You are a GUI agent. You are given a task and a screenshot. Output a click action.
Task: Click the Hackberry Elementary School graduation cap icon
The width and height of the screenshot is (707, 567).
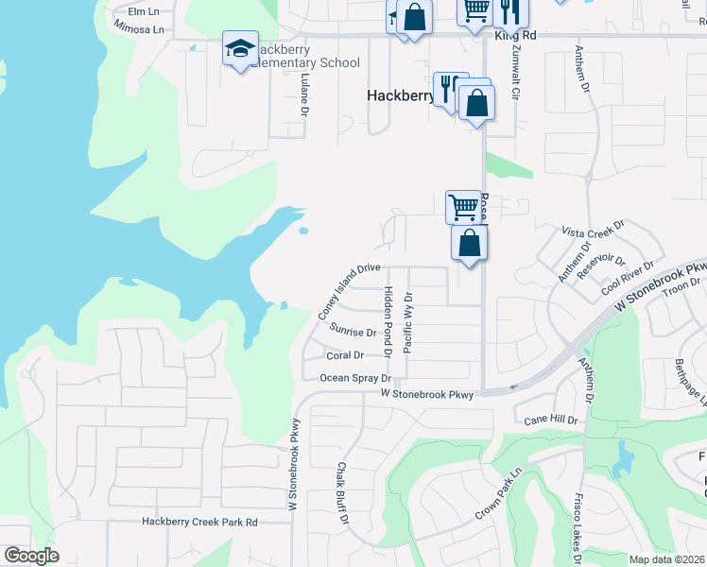click(240, 48)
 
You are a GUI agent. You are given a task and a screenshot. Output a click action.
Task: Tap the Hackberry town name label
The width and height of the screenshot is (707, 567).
click(401, 95)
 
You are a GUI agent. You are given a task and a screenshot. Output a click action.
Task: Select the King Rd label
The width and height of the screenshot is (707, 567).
click(515, 34)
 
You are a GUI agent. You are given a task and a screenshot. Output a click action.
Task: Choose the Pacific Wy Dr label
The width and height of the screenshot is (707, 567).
click(407, 321)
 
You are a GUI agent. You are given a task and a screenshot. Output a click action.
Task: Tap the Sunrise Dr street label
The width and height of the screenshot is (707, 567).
click(354, 331)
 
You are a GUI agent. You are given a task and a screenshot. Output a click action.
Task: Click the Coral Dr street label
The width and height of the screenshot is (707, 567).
click(345, 355)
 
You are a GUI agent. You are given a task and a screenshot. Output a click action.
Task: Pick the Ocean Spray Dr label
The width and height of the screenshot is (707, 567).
click(355, 378)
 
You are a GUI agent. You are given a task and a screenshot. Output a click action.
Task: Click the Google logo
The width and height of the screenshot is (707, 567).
click(31, 556)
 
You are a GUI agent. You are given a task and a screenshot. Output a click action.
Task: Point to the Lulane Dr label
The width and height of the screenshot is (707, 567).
click(304, 95)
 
